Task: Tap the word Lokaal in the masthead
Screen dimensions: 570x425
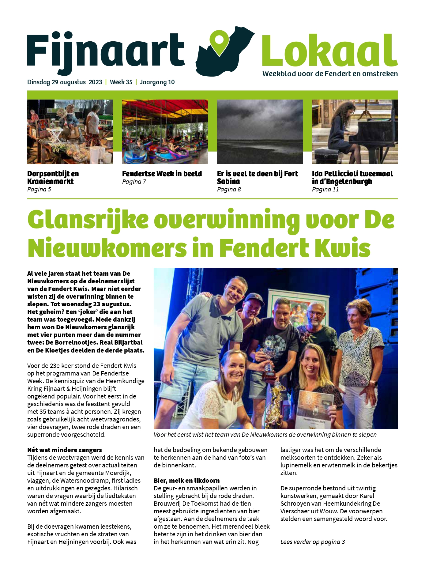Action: (x=329, y=51)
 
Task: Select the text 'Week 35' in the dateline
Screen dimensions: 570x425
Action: (x=121, y=82)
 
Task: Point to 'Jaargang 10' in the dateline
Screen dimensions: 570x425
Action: (x=157, y=82)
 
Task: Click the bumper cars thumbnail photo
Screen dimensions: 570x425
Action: (x=165, y=132)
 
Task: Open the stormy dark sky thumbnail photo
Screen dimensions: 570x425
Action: (x=260, y=132)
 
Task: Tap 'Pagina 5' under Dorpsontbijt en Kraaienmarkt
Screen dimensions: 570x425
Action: (x=39, y=189)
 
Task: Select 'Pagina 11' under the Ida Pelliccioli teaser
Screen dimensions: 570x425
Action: (x=325, y=189)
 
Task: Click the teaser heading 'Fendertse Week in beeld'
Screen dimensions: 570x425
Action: (x=162, y=174)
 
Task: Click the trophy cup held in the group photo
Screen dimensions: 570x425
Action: (x=269, y=361)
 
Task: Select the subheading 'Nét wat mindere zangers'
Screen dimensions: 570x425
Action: (x=65, y=450)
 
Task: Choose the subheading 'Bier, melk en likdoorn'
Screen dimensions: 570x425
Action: (x=186, y=481)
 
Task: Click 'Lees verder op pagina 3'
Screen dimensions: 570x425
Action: (x=313, y=542)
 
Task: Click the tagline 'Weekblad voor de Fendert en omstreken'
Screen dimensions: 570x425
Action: (x=330, y=74)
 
